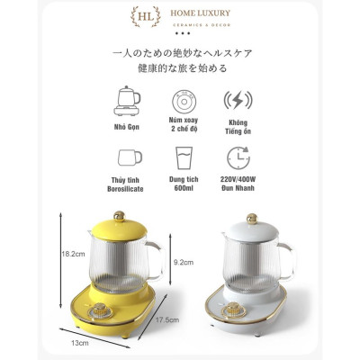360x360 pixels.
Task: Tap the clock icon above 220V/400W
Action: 238,158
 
